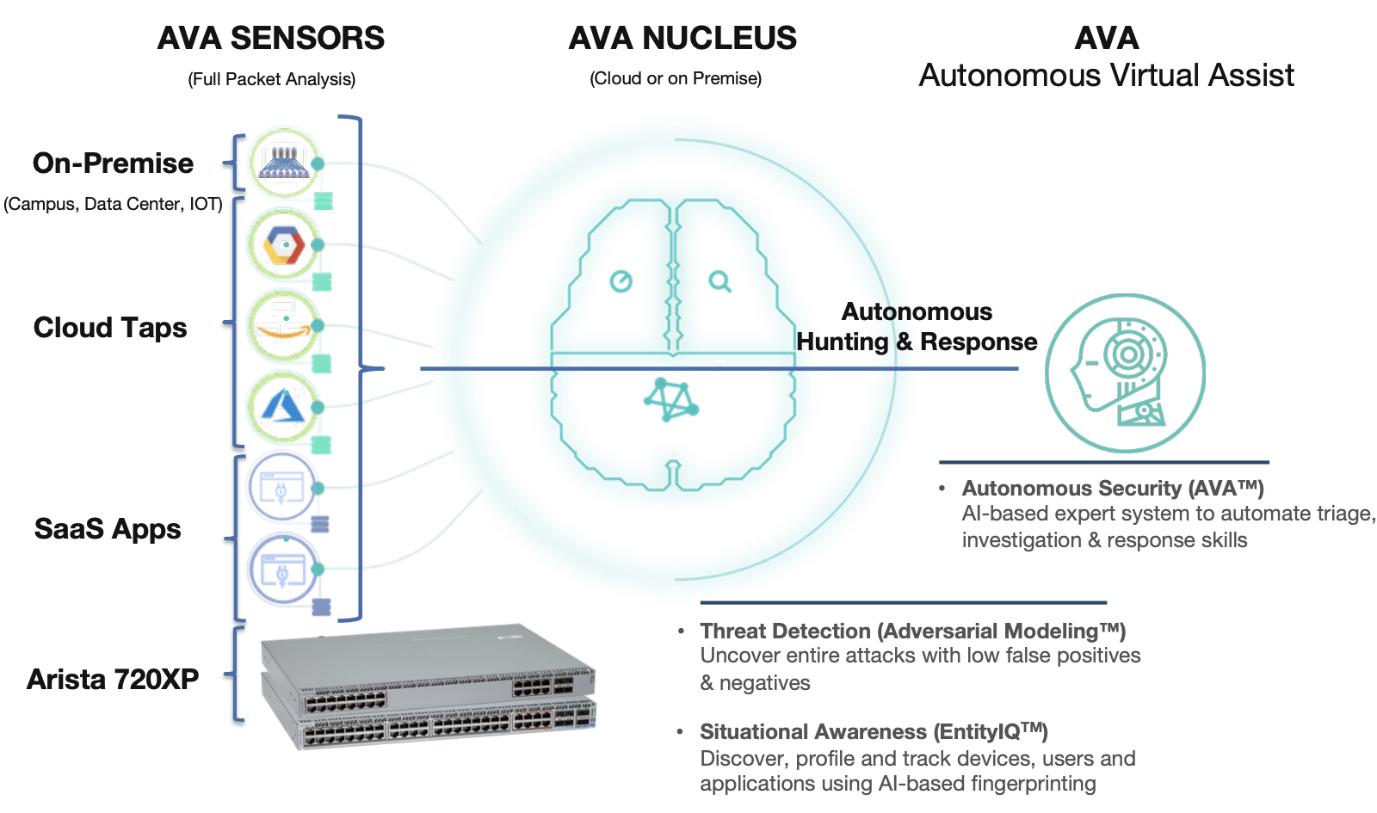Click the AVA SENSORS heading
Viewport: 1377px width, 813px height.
[x=270, y=38]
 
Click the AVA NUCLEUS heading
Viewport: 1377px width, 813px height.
[x=682, y=38]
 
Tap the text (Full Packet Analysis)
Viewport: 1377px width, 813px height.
[x=271, y=79]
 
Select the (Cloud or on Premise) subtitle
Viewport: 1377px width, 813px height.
[x=675, y=78]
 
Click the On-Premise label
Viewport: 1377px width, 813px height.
[x=113, y=163]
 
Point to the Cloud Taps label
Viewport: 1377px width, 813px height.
[x=110, y=327]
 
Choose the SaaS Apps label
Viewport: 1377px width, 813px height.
[x=108, y=528]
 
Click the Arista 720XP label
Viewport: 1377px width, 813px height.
[x=113, y=679]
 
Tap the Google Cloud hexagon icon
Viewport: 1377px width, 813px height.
[x=283, y=245]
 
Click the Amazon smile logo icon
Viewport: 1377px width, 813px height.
[x=282, y=327]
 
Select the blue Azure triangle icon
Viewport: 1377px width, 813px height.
[x=283, y=407]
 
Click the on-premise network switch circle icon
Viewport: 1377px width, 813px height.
[x=284, y=162]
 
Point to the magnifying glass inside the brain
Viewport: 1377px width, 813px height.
[x=719, y=281]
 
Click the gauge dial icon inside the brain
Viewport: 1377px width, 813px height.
[x=621, y=281]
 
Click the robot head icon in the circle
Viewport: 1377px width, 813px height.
[x=1124, y=373]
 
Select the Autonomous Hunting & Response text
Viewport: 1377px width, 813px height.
[x=917, y=327]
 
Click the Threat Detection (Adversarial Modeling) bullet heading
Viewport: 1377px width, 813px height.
[x=912, y=631]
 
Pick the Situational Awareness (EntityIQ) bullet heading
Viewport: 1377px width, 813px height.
[x=873, y=731]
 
